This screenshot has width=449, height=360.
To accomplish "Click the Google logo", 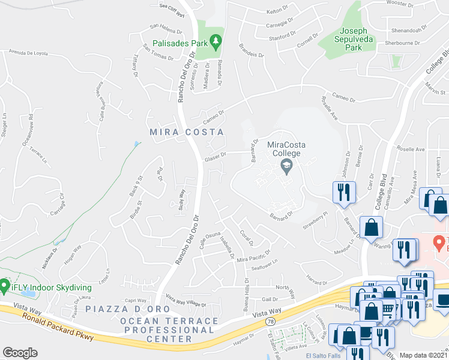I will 20,353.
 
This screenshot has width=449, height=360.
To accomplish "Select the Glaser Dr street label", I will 215,156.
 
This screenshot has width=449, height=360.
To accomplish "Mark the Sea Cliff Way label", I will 172,8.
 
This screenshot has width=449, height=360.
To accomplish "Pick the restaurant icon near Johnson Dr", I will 343,193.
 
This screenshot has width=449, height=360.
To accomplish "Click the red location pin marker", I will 439,242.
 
